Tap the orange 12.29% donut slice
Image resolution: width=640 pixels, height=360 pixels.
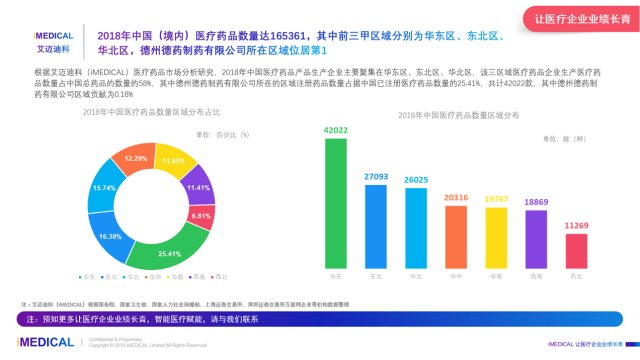(x=135, y=159)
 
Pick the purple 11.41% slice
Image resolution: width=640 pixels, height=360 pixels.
(x=198, y=187)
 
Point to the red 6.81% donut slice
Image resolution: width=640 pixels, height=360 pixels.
(x=201, y=215)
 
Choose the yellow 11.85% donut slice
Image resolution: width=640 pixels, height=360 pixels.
(x=173, y=162)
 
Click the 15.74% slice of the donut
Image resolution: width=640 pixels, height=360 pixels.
(x=104, y=188)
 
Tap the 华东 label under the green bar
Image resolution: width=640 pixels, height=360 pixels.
(x=335, y=276)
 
